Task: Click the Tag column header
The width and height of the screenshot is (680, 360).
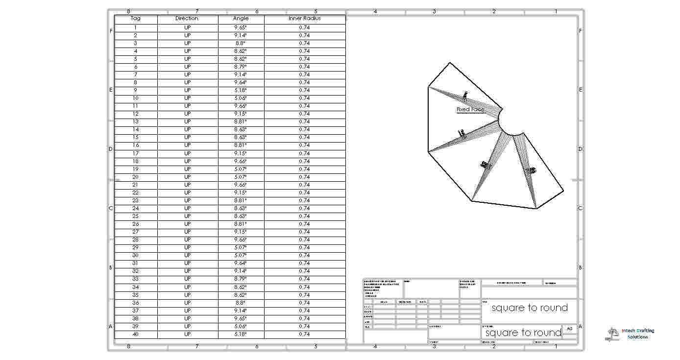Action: point(136,19)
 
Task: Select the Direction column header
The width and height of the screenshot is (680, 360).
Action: point(187,19)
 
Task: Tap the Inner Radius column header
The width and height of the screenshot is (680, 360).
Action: point(304,19)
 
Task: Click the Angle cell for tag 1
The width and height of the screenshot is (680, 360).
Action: point(241,27)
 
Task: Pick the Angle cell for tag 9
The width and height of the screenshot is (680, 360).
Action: point(241,90)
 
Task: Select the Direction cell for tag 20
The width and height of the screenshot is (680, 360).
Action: point(187,177)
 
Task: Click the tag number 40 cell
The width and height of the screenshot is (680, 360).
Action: point(136,334)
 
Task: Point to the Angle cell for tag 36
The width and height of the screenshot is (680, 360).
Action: point(241,303)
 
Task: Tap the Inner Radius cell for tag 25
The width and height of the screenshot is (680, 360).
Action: point(304,216)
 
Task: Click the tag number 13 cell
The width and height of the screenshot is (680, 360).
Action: point(136,121)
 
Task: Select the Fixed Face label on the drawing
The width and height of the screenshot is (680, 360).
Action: point(470,110)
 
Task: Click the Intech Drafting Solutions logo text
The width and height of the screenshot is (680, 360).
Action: point(637,334)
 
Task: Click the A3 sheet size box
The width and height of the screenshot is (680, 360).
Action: point(569,329)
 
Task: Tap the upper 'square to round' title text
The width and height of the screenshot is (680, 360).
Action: point(530,308)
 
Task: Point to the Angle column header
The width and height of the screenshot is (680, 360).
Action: point(241,19)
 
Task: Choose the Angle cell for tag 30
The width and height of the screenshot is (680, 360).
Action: point(241,255)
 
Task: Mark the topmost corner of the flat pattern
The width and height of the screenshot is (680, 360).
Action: point(449,63)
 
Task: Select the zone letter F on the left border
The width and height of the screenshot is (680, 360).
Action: point(111,31)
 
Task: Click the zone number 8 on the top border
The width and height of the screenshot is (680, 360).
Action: point(128,11)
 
